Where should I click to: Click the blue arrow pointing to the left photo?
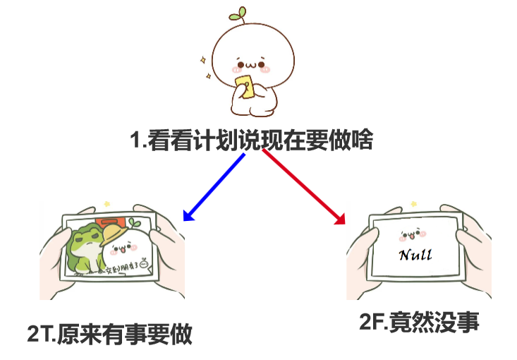click(212, 186)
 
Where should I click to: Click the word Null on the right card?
click(415, 254)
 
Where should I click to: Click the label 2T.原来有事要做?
click(109, 333)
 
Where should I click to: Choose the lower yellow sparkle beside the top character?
click(209, 74)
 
